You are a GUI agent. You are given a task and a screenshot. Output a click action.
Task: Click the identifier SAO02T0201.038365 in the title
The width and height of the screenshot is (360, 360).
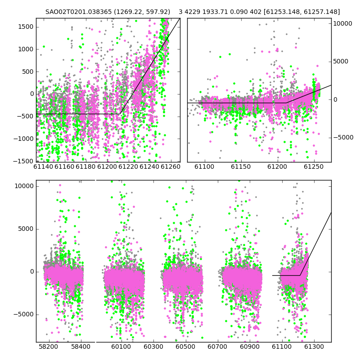pyautogui.click(x=78, y=12)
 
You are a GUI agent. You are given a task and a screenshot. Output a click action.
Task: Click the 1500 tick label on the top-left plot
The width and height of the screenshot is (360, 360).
pyautogui.click(x=26, y=27)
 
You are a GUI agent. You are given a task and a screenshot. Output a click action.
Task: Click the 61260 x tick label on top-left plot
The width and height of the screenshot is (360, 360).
pyautogui.click(x=171, y=166)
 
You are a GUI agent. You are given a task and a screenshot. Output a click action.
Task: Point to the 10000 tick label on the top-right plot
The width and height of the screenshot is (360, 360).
pyautogui.click(x=342, y=23)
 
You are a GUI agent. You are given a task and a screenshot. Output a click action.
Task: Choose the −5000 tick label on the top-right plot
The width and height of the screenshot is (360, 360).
pyautogui.click(x=343, y=137)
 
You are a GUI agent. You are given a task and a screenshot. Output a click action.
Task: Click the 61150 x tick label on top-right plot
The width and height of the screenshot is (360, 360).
pyautogui.click(x=241, y=166)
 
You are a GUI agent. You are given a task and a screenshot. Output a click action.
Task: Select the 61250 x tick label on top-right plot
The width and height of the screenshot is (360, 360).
pyautogui.click(x=314, y=166)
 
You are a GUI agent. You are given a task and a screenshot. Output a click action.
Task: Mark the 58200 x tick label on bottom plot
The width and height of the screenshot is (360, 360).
pyautogui.click(x=49, y=346)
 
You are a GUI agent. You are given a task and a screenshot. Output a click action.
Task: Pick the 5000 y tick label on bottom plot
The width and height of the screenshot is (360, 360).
pyautogui.click(x=26, y=229)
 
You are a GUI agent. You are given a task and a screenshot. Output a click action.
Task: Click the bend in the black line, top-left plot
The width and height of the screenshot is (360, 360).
pyautogui.click(x=120, y=114)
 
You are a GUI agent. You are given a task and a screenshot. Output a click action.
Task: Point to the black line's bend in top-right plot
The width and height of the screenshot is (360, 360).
pyautogui.click(x=287, y=103)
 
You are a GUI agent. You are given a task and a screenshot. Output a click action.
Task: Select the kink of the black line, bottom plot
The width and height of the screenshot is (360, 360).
pyautogui.click(x=300, y=275)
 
